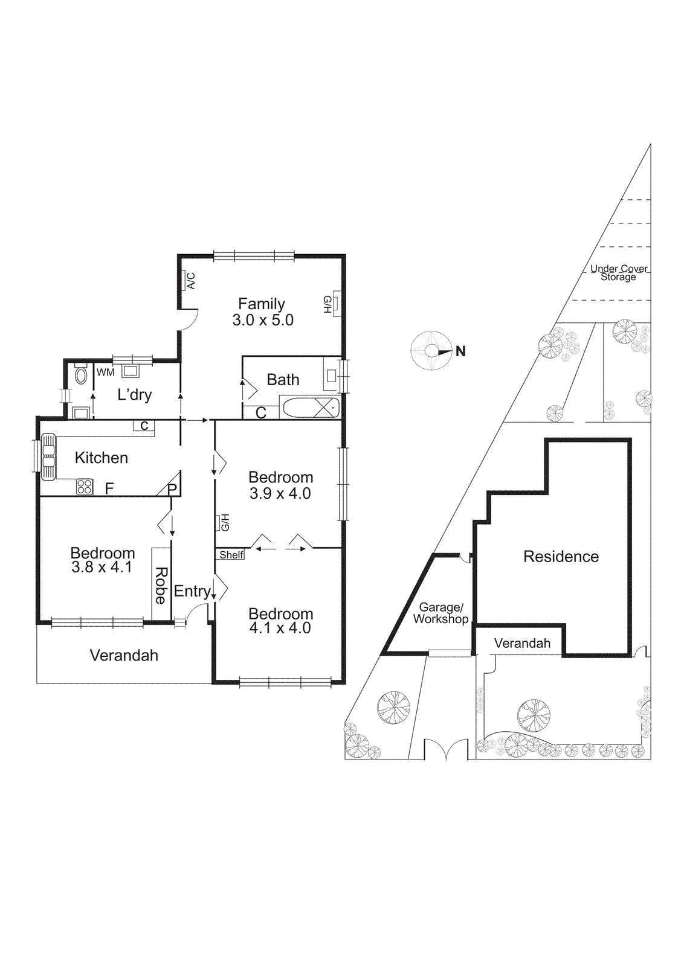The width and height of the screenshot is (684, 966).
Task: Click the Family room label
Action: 262,304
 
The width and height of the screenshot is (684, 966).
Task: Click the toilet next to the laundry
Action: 81,376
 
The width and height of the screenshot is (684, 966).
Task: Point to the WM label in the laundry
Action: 105,373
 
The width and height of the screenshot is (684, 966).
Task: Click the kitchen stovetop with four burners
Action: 85,486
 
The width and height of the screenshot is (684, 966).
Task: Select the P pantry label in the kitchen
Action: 172,488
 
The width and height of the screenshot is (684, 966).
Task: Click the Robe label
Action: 161,585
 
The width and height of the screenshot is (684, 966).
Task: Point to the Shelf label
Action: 231,555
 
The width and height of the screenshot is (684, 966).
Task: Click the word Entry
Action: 192,591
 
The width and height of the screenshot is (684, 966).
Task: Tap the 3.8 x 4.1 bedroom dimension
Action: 102,568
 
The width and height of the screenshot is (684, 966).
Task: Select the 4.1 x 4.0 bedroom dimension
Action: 280,628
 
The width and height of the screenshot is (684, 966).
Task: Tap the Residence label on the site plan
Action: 561,557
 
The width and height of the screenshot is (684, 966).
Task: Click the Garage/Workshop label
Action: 440,613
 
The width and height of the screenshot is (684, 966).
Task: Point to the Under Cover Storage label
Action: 619,273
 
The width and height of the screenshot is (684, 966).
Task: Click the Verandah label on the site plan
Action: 522,644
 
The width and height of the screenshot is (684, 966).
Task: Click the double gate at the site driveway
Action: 446,750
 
